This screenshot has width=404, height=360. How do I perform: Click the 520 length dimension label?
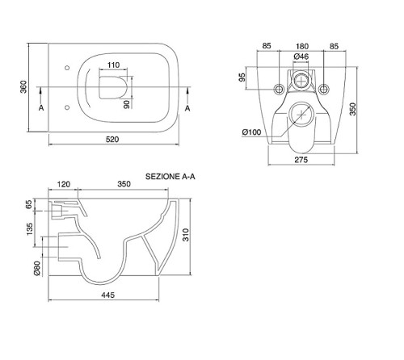112,140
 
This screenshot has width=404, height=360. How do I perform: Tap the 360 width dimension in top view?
23,87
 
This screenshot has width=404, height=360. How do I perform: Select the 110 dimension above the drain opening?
113,65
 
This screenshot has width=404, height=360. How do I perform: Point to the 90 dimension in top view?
127,104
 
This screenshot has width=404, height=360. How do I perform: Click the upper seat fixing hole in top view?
67,68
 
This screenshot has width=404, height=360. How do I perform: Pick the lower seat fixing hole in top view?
67,107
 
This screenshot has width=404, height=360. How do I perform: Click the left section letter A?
41,108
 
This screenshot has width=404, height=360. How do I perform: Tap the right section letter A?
187,108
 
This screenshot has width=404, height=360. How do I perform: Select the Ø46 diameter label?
301,57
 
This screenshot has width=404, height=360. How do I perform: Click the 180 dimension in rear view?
301,46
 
